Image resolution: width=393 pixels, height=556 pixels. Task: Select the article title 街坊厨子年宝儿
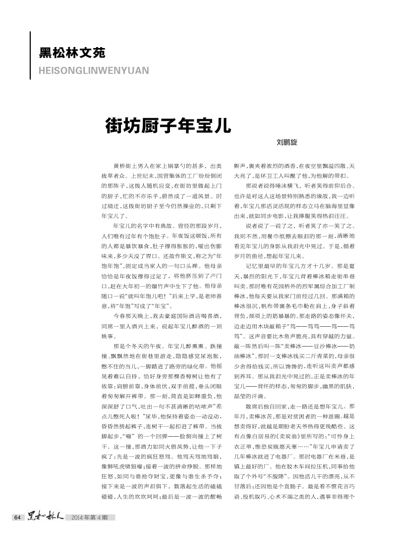168,125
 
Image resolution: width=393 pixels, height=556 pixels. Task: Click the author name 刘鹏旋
287,142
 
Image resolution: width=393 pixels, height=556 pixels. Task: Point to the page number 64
16,517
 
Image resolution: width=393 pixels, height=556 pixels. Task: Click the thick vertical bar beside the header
30,55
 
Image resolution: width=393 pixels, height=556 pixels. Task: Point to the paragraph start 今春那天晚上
127,303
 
